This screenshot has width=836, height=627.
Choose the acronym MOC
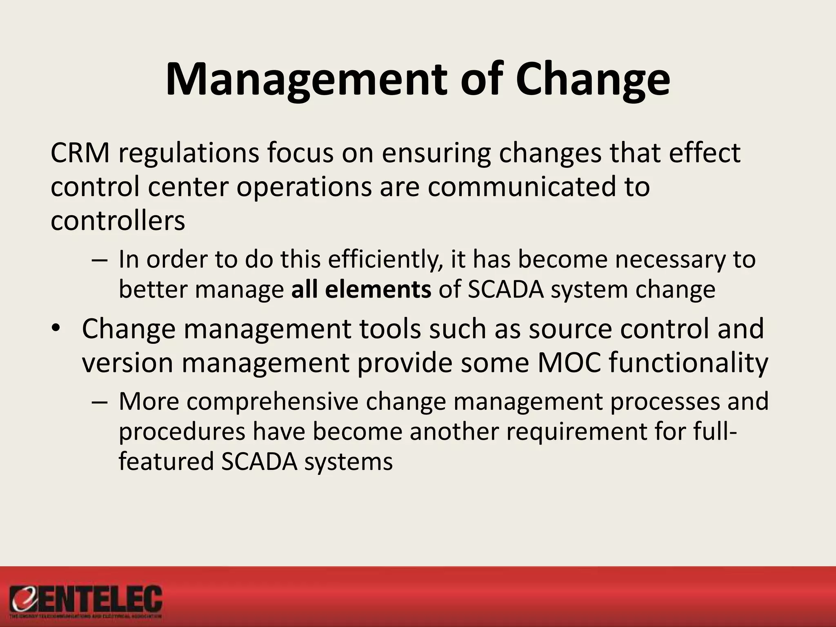pos(569,362)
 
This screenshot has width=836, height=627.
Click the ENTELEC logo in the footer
pos(86,601)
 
